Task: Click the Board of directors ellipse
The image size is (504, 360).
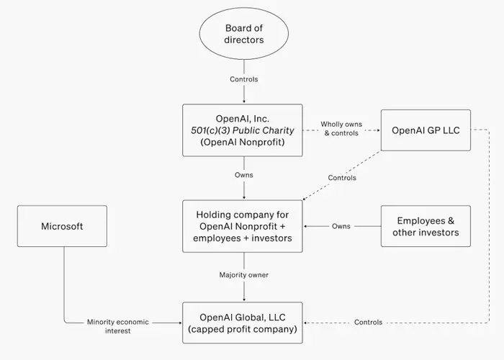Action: pyautogui.click(x=244, y=33)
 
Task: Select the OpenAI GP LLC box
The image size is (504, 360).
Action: pyautogui.click(x=426, y=130)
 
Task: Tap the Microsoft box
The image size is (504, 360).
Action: pyautogui.click(x=62, y=226)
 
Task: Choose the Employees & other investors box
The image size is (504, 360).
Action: pyautogui.click(x=426, y=226)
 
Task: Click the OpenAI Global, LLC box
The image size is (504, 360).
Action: pyautogui.click(x=243, y=323)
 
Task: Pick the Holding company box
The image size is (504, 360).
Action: pyautogui.click(x=243, y=226)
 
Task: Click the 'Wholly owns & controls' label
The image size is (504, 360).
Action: pyautogui.click(x=341, y=129)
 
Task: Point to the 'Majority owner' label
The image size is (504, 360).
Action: pyautogui.click(x=244, y=275)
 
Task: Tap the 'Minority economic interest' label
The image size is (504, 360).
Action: pyautogui.click(x=117, y=326)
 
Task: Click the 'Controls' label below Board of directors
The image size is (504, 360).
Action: pyautogui.click(x=244, y=79)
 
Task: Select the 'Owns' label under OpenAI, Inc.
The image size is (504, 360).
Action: pyautogui.click(x=244, y=175)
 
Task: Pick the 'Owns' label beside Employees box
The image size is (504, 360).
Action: pyautogui.click(x=341, y=226)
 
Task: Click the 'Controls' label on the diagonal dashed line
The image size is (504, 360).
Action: pyautogui.click(x=342, y=178)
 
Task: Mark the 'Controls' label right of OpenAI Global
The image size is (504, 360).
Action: pyautogui.click(x=369, y=322)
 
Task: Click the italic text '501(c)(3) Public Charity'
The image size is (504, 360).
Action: pyautogui.click(x=243, y=130)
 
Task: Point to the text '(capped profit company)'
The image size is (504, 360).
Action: pyautogui.click(x=243, y=329)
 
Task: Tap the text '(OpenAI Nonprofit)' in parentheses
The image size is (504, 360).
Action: pyautogui.click(x=243, y=142)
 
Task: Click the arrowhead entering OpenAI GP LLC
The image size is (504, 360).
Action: pyautogui.click(x=379, y=130)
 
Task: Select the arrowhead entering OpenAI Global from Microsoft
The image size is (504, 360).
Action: pyautogui.click(x=180, y=323)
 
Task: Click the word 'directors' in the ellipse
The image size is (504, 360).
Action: pyautogui.click(x=244, y=40)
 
